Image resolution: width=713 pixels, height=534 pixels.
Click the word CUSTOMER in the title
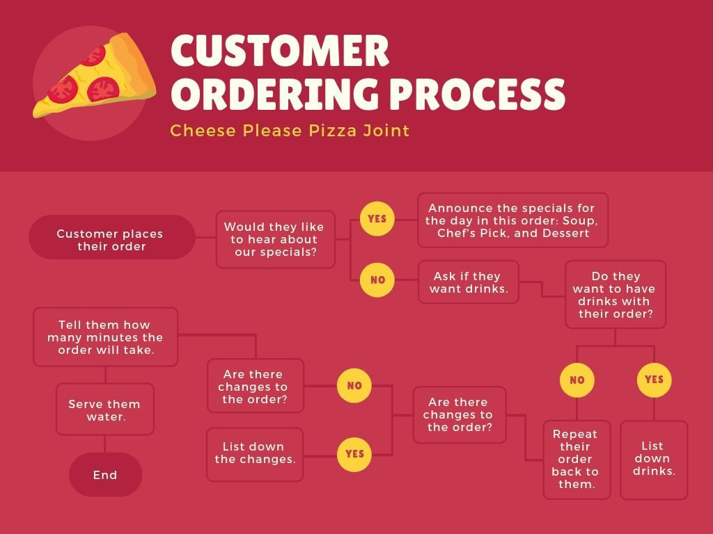(279, 51)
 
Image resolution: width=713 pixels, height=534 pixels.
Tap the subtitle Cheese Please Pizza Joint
(290, 130)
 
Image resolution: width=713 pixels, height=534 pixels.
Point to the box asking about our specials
(275, 240)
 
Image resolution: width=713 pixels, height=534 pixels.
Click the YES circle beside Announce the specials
(377, 218)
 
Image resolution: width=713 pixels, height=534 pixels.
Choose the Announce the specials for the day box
(512, 220)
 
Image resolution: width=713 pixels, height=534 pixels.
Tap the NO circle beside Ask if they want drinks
(377, 280)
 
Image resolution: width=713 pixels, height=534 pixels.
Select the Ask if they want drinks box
(468, 282)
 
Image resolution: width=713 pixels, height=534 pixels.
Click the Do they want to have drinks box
(616, 295)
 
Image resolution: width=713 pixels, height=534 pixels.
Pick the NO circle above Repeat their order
(577, 380)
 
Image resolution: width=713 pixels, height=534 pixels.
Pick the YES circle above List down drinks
(654, 380)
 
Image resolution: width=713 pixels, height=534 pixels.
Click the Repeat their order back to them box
(577, 459)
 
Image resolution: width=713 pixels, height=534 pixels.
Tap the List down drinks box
(653, 459)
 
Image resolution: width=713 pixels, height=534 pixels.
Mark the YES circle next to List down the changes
(354, 453)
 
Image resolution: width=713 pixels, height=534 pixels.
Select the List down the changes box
(255, 453)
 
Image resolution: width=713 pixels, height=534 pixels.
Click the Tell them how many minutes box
(105, 337)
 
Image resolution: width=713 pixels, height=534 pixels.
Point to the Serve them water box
(104, 409)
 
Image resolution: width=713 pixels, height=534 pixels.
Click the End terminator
(105, 475)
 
